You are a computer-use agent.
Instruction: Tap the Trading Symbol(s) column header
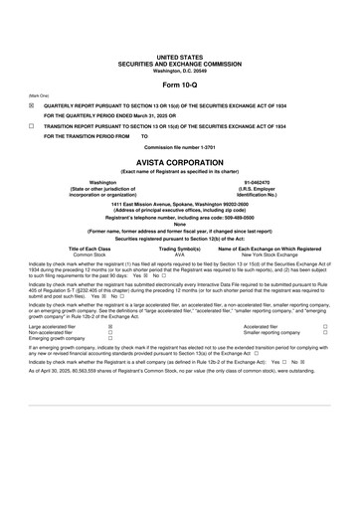(x=179, y=249)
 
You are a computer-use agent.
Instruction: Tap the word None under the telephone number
(x=179, y=224)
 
